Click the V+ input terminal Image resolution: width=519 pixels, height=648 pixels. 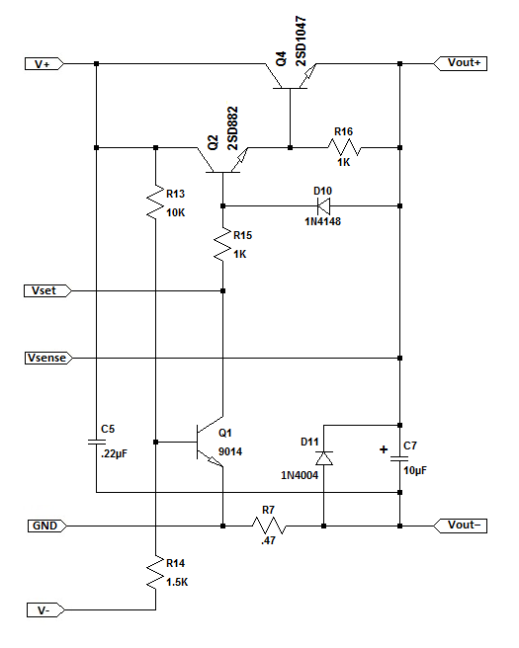coord(44,64)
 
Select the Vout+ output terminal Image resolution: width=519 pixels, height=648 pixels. coord(461,63)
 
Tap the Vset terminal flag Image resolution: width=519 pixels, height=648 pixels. coord(47,291)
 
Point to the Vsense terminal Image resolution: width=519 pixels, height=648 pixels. coord(48,358)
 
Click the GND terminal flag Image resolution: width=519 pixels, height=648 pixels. coord(47,526)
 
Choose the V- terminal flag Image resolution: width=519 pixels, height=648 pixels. coord(45,610)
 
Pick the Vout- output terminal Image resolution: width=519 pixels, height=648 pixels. coord(461,526)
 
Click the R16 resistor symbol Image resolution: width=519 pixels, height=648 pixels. coord(344,147)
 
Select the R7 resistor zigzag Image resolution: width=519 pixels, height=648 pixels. coord(269,526)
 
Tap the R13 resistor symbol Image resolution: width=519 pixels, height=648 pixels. coord(155,202)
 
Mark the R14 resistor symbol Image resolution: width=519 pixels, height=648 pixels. coord(155,572)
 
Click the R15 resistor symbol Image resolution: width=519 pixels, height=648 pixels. coord(222,244)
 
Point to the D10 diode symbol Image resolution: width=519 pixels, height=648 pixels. coord(323,205)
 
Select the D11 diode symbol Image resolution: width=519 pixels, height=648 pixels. coord(324,458)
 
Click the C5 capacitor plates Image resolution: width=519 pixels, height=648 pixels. coord(96,442)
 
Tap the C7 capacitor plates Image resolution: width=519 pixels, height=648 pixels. coord(400,458)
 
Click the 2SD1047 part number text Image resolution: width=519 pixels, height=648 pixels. coord(302,41)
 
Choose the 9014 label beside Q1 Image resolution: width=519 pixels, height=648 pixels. coord(230,451)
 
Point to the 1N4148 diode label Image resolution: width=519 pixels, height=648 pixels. coord(323,221)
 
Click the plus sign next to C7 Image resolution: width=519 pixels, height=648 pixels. coord(384,449)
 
